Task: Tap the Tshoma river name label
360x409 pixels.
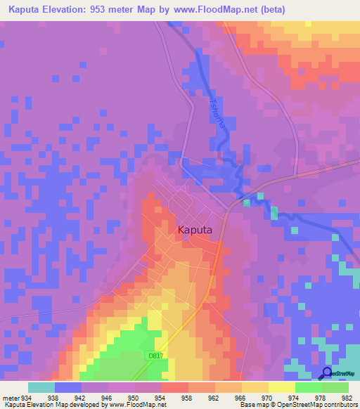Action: (x=214, y=110)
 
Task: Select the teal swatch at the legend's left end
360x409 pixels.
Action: (x=41, y=387)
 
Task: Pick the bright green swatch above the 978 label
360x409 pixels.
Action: (x=308, y=387)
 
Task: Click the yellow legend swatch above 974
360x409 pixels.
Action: (x=281, y=387)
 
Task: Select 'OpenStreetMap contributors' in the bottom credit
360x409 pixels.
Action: (x=316, y=405)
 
